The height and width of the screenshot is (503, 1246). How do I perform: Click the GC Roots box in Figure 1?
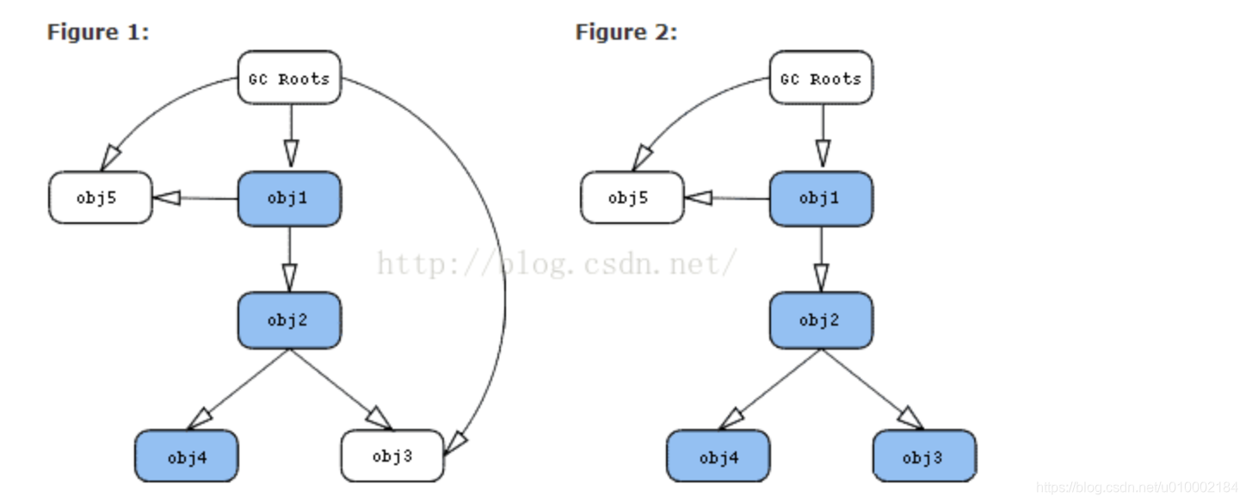coord(289,78)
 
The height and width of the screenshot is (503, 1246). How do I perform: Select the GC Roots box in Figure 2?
coord(820,78)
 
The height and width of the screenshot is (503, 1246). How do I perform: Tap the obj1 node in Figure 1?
coord(289,199)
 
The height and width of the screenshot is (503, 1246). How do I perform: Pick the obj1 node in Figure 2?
coord(820,199)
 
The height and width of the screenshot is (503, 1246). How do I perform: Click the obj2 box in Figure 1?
coord(289,320)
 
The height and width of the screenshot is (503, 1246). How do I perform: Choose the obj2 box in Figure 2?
coord(820,320)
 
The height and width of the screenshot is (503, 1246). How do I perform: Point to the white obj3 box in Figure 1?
coord(392,456)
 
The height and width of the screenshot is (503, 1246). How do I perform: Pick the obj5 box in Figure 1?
coord(100,197)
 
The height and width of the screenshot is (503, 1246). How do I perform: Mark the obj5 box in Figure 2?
coord(632,197)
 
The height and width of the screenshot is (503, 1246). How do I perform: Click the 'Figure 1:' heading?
coord(98,33)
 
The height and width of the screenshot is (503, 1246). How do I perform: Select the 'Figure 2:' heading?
coord(626,33)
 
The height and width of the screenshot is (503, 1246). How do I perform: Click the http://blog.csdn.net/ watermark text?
coord(556,263)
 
